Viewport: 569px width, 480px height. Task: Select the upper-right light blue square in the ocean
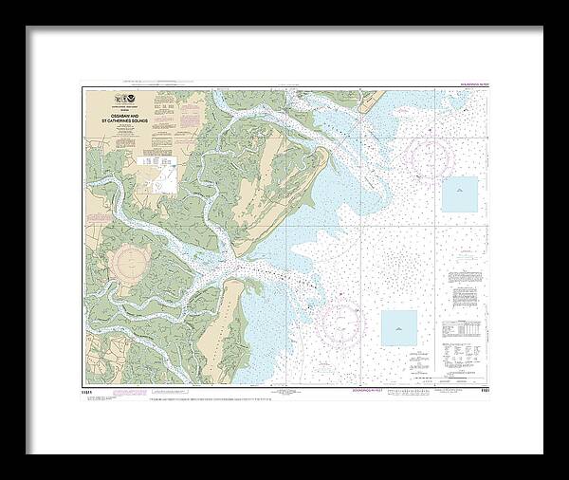coord(460,194)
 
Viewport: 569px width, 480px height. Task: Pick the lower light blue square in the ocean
coord(398,327)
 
